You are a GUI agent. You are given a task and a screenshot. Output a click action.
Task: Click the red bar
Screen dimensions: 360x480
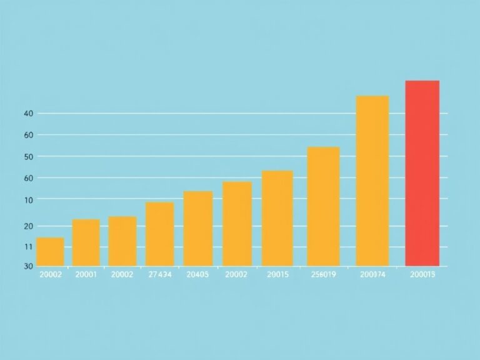(x=422, y=173)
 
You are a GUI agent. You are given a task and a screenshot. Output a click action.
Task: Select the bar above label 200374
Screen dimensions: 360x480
(x=372, y=181)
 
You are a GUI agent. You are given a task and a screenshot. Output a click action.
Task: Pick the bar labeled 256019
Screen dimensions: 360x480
(x=323, y=206)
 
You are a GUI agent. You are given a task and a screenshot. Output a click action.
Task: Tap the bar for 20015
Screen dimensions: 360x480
(x=277, y=218)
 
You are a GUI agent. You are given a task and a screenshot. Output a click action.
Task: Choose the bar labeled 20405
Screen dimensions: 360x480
(x=198, y=228)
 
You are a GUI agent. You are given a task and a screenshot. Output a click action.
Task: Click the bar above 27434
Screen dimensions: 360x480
(x=160, y=234)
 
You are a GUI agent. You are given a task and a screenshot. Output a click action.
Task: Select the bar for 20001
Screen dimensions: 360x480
(x=86, y=242)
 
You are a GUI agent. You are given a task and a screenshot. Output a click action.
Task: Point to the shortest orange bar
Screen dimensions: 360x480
(x=51, y=252)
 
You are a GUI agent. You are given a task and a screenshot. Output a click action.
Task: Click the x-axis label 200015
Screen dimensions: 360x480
(x=422, y=274)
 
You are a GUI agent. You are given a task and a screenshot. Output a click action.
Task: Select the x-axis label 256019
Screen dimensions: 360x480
(x=323, y=274)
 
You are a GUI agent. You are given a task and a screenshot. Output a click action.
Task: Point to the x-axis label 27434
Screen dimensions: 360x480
(x=160, y=274)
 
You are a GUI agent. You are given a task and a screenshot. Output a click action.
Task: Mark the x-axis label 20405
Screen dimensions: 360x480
(x=198, y=274)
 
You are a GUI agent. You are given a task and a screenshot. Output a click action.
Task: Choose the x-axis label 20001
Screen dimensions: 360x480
(x=86, y=274)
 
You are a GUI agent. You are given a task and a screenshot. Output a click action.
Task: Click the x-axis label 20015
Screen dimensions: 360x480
(x=277, y=274)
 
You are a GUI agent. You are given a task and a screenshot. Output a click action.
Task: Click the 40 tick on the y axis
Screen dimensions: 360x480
(x=27, y=114)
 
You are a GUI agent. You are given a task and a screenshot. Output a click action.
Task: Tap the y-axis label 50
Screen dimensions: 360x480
(x=27, y=156)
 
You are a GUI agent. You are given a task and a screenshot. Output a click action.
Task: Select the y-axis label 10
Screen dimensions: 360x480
(x=27, y=199)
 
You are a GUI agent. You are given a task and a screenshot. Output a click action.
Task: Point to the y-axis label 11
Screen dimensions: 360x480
(x=27, y=247)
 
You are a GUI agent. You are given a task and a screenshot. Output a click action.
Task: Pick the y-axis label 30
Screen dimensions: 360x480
(x=27, y=266)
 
